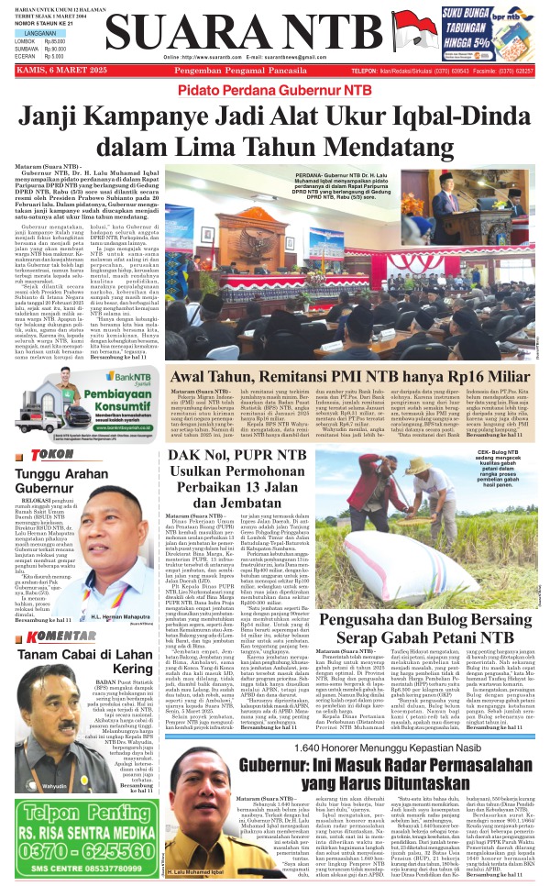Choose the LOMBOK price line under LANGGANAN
[40, 41]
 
